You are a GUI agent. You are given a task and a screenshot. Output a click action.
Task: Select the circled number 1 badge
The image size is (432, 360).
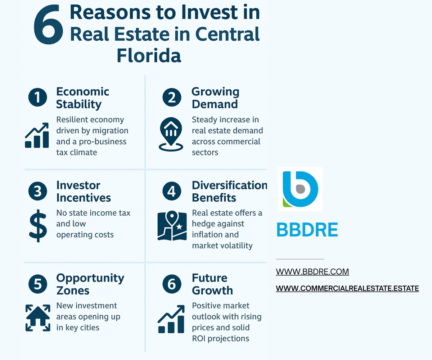click(x=37, y=98)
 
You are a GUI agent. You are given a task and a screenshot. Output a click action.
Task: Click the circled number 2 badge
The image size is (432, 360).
click(x=172, y=98)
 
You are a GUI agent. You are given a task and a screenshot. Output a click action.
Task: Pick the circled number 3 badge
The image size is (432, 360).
click(x=37, y=192)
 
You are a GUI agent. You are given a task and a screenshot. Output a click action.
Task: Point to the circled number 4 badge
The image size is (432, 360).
click(x=172, y=192)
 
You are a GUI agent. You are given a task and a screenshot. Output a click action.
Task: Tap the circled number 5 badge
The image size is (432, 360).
click(x=37, y=284)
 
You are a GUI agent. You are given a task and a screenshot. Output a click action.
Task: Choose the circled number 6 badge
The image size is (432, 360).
click(x=172, y=284)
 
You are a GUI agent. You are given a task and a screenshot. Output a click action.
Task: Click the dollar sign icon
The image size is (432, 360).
click(x=38, y=226)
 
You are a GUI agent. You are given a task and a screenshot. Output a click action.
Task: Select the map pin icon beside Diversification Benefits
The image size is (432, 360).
click(x=172, y=226)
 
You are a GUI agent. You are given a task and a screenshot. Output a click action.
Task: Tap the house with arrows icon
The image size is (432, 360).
click(x=38, y=318)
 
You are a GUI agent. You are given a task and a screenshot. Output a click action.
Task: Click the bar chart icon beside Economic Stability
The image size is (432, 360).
click(x=37, y=135)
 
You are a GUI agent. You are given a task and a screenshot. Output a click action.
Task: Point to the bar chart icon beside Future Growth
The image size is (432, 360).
click(x=171, y=319)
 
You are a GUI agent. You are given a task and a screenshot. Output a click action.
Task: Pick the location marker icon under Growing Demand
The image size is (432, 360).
click(x=171, y=135)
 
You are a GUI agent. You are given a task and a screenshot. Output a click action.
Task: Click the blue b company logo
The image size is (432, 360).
click(x=300, y=189)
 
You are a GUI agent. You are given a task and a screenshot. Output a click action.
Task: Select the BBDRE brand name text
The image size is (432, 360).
click(x=307, y=230)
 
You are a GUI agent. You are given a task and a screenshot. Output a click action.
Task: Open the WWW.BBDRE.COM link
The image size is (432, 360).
click(x=312, y=272)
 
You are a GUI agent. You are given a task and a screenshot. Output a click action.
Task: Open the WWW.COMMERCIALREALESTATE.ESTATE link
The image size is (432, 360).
click(x=347, y=288)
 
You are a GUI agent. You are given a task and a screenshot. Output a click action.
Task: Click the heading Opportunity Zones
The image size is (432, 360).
click(x=90, y=284)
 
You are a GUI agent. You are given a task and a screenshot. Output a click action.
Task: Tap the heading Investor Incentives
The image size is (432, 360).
click(x=84, y=192)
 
